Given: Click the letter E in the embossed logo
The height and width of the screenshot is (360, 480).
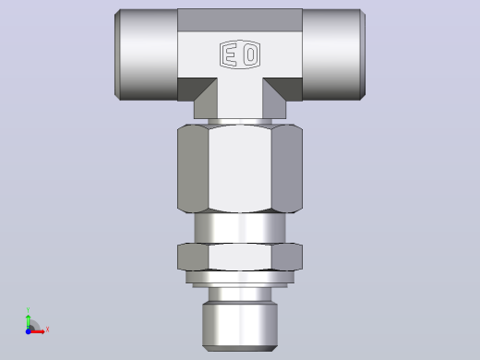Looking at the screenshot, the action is pos(230,54).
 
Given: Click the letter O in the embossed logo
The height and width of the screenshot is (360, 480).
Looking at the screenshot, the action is pos(250,54).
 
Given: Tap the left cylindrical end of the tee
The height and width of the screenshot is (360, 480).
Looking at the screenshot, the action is pos(146,54).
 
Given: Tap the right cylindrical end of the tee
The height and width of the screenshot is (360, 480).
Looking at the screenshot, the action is pos(334,54).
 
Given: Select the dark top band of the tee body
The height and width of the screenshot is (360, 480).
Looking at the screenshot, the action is pos(240,20).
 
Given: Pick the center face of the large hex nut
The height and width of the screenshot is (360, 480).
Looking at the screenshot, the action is pos(240,168).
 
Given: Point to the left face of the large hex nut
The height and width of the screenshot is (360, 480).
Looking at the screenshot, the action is pos(193,169).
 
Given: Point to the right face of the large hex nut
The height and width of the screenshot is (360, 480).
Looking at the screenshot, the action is pos(287,169).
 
